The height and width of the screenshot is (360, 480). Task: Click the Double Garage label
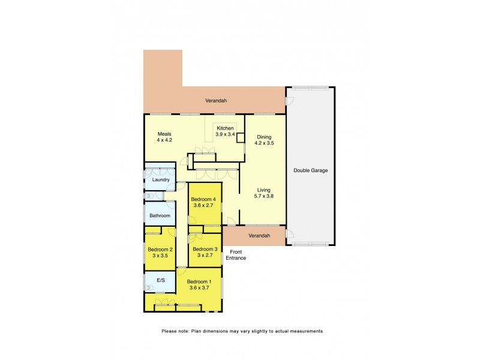(310, 170)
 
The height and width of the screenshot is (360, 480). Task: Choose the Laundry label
(160, 179)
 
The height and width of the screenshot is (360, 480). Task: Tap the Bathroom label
(160, 215)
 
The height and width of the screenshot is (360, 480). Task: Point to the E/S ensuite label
(161, 280)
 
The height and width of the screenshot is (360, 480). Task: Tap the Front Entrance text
(236, 254)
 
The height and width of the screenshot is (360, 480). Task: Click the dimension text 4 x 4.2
(164, 140)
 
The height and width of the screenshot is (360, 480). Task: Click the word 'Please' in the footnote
(170, 331)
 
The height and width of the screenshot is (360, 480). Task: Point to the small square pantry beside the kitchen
(241, 138)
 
